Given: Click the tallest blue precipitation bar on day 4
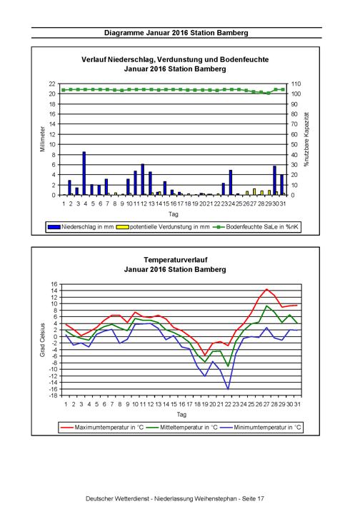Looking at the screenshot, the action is click(x=84, y=173).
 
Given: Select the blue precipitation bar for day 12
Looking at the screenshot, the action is click(x=143, y=179).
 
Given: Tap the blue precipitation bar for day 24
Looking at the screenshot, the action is click(x=231, y=183).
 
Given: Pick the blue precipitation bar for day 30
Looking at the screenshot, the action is click(x=274, y=181).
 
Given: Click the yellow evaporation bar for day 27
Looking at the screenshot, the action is click(x=254, y=191).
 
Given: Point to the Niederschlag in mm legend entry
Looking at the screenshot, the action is click(x=81, y=227).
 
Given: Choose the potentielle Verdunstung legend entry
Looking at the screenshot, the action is click(x=163, y=227).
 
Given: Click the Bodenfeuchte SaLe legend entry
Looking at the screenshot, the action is click(x=256, y=227).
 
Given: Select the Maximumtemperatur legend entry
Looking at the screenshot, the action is click(x=102, y=427).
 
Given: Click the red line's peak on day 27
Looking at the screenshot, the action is click(x=266, y=289).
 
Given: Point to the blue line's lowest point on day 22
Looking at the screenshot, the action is click(x=228, y=388).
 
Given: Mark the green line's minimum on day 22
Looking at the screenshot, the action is click(x=228, y=366).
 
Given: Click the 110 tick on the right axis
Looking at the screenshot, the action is click(x=296, y=84).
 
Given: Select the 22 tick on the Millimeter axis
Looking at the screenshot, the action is click(x=52, y=84).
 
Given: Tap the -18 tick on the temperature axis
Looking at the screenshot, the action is click(x=54, y=395).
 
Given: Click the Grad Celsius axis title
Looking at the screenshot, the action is click(x=43, y=340).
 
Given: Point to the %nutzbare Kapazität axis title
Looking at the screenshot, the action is click(x=306, y=139).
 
